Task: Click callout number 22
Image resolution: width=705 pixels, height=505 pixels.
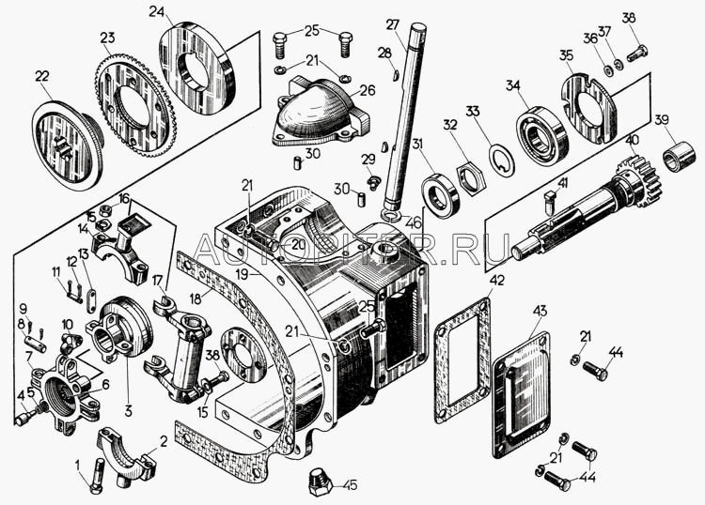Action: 41,77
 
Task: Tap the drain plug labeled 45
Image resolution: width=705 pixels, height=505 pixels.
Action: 317,484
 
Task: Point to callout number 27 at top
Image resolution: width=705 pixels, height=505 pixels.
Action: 393,24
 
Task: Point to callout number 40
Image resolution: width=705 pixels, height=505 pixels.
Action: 632,141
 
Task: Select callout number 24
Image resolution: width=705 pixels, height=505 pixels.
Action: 156,12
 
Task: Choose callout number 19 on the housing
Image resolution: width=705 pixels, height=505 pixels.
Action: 243,274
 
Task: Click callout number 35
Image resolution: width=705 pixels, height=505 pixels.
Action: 566,57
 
